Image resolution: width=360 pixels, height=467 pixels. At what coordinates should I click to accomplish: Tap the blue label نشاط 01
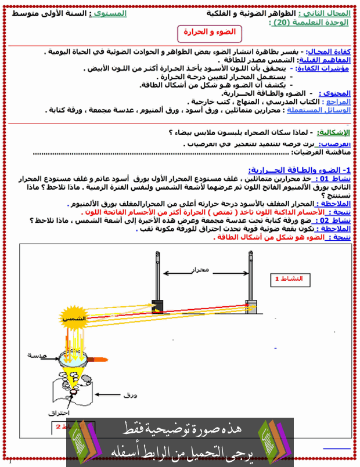coord(333,179)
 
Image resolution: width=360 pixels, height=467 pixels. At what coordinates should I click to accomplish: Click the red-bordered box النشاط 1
coord(289,278)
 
